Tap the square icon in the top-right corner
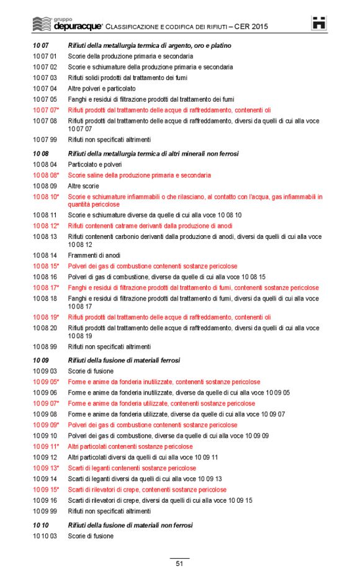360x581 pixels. pyautogui.click(x=319, y=23)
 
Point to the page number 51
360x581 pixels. pyautogui.click(x=179, y=564)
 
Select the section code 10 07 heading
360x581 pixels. pyautogui.click(x=41, y=46)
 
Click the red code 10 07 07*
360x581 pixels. pyautogui.click(x=45, y=110)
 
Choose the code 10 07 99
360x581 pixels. pyautogui.click(x=45, y=140)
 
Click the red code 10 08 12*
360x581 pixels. pyautogui.click(x=46, y=226)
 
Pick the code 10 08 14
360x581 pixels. pyautogui.click(x=45, y=255)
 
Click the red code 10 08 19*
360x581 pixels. pyautogui.click(x=46, y=317)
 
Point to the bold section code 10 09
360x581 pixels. pyautogui.click(x=41, y=360)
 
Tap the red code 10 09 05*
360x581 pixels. pyautogui.click(x=46, y=382)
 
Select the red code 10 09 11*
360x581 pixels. pyautogui.click(x=46, y=446)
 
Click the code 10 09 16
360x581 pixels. pyautogui.click(x=45, y=500)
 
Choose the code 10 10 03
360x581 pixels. pyautogui.click(x=45, y=536)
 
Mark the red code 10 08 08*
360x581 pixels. pyautogui.click(x=46, y=175)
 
